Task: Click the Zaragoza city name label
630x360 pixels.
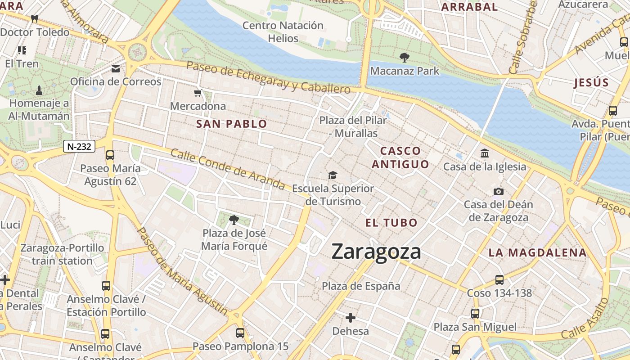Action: (x=376, y=252)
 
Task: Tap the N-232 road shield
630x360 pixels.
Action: (x=79, y=146)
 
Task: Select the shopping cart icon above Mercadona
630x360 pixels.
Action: (x=198, y=93)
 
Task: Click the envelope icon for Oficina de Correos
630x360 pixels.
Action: (x=116, y=69)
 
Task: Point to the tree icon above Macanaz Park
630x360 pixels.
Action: (x=404, y=58)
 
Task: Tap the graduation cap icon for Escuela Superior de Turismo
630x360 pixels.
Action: (x=333, y=175)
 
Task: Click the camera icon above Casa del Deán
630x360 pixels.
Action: (x=498, y=191)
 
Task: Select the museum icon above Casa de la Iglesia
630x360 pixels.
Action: (x=485, y=153)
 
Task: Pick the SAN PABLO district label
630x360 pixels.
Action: (x=232, y=124)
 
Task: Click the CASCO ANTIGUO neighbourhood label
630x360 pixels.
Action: (x=400, y=157)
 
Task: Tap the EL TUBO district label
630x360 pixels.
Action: (x=391, y=223)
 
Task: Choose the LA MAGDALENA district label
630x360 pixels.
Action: (x=538, y=253)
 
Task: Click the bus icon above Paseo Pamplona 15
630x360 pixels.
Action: (x=240, y=333)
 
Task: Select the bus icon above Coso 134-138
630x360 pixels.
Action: (x=499, y=280)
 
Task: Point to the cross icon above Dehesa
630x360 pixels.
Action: (x=350, y=318)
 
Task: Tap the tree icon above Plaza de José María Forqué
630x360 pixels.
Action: (x=234, y=220)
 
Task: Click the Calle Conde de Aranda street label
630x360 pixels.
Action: (x=228, y=170)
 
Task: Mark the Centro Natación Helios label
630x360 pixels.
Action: (x=283, y=32)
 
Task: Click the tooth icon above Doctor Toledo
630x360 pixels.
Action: (x=34, y=19)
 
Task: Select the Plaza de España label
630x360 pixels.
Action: (x=361, y=286)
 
